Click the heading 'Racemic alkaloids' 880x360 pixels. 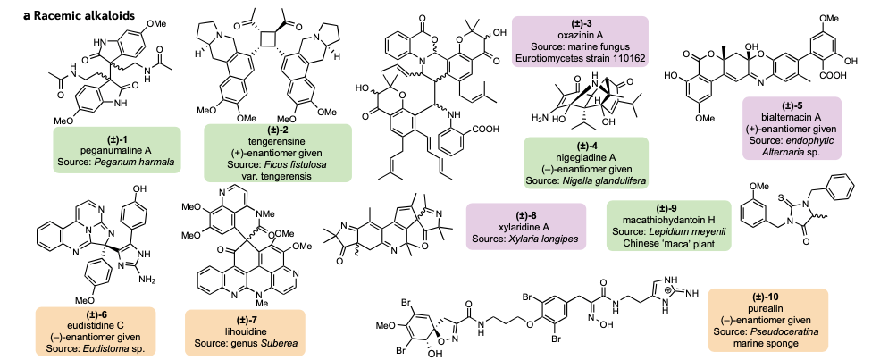click(x=84, y=15)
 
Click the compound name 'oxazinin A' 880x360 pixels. click(x=580, y=36)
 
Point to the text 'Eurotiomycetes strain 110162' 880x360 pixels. click(x=580, y=58)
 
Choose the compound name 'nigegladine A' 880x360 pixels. click(x=586, y=157)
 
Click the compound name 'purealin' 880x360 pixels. click(x=767, y=308)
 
